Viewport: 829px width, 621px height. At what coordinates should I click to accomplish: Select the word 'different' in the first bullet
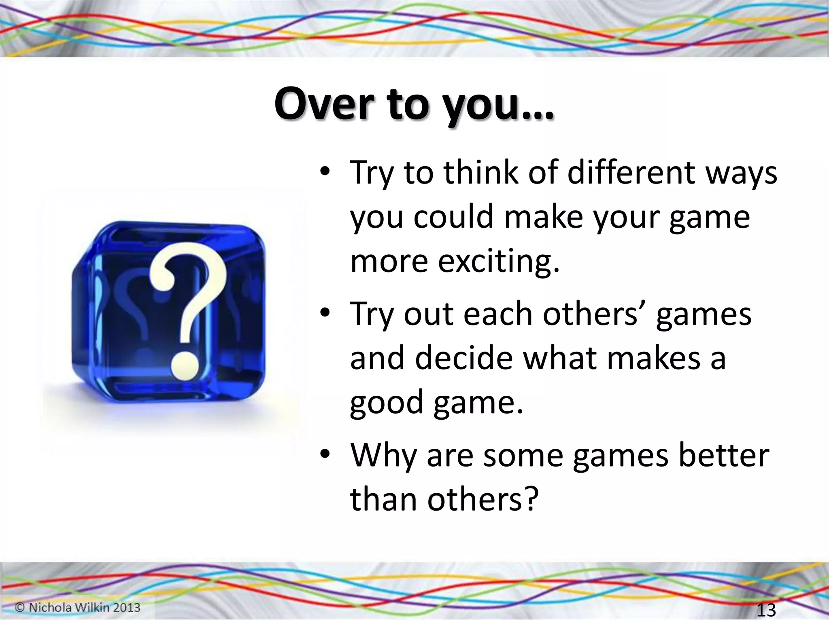tap(609, 173)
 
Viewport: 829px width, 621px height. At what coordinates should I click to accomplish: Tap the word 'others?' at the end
tap(483, 499)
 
